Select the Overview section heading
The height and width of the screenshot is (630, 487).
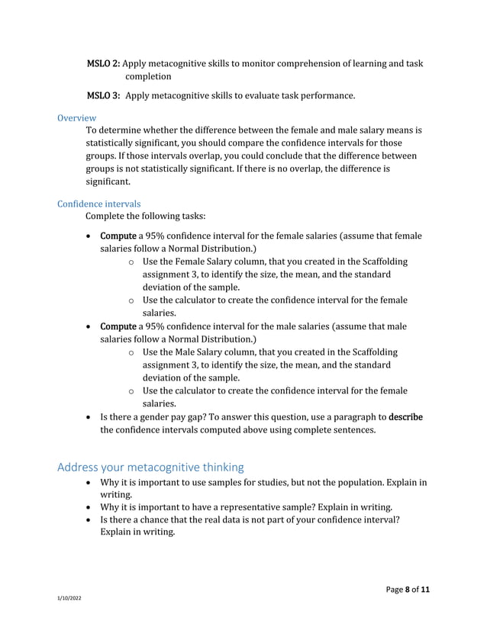[76, 117]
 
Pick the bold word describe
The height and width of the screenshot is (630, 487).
[405, 417]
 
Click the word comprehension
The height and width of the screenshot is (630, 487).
[311, 63]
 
